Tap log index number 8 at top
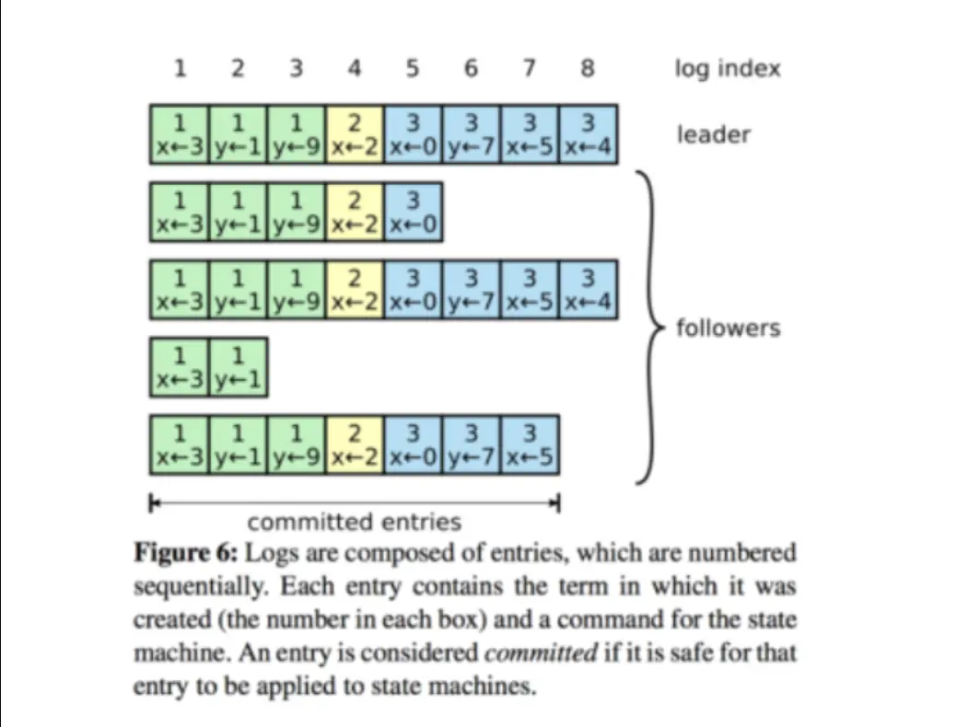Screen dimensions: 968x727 coord(589,68)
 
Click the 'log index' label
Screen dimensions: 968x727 coord(727,69)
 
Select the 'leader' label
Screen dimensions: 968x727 coord(714,134)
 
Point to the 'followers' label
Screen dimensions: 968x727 coord(728,328)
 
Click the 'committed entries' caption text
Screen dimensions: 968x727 coord(355,522)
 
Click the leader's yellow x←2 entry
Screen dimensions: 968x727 coord(355,134)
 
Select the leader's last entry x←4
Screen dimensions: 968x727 coord(589,134)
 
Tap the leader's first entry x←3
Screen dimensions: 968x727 coord(179,134)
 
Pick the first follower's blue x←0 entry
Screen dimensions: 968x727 coord(413,213)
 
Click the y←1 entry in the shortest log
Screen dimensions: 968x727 coord(238,368)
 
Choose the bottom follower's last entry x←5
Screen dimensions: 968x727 coord(531,445)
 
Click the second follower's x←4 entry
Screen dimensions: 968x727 coord(589,290)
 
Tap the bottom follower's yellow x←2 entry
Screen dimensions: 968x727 coord(355,445)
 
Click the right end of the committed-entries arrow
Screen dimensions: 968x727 coord(557,502)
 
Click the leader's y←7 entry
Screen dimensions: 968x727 coord(472,134)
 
